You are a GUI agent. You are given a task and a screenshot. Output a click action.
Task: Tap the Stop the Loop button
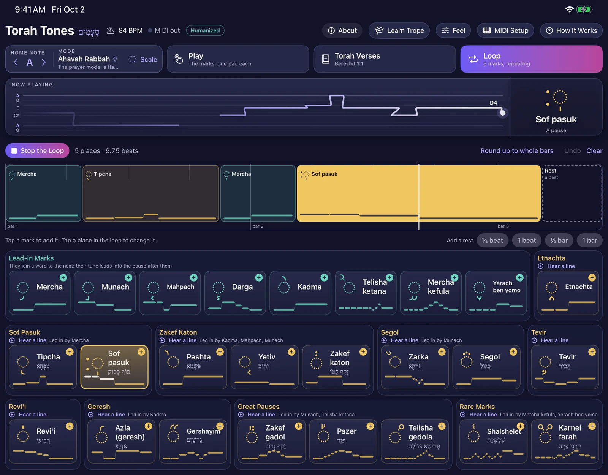tap(37, 150)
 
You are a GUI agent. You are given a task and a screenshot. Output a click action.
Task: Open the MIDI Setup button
tap(505, 30)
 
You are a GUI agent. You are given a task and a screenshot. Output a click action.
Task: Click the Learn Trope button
tap(399, 30)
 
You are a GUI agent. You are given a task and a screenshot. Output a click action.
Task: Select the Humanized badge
tap(205, 30)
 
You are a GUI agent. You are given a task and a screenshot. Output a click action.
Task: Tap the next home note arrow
tap(43, 62)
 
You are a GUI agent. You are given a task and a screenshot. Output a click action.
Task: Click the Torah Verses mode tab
tap(385, 59)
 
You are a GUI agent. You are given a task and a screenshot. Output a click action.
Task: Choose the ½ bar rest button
tap(559, 240)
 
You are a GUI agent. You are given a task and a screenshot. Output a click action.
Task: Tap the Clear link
tap(594, 151)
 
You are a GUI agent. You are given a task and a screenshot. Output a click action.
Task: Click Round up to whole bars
tap(517, 151)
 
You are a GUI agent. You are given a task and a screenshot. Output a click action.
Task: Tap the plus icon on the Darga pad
tap(259, 277)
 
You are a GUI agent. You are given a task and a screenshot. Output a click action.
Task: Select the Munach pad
tap(104, 293)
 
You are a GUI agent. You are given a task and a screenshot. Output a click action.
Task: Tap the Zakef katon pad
tap(336, 367)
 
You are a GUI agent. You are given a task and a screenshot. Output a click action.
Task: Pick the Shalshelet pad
tap(493, 441)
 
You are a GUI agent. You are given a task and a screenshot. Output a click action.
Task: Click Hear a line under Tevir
tap(554, 340)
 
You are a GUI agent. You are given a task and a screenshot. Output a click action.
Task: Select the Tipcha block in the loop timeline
tap(151, 193)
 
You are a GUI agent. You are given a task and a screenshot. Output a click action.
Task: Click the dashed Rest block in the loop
tap(572, 193)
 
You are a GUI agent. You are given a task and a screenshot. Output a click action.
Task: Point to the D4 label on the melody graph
tap(493, 103)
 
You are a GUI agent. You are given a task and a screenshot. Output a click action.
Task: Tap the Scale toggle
tap(143, 59)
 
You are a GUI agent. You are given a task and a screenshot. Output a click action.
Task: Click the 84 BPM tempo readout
tap(125, 30)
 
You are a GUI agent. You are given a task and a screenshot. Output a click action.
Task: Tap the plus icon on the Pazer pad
tap(370, 426)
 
